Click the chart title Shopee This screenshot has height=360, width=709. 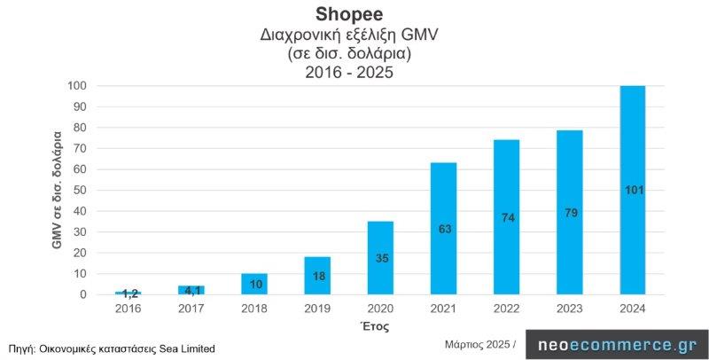pos(353,15)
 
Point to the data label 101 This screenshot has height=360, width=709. pos(632,190)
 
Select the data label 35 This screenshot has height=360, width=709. pos(380,258)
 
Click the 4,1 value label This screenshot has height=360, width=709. pos(191,290)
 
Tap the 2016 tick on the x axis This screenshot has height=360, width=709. pos(129,308)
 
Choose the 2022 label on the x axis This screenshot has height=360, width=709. pos(506,308)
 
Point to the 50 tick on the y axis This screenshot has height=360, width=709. pos(81,191)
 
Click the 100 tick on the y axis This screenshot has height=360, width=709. pos(78,86)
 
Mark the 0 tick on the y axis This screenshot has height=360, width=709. pos(84,294)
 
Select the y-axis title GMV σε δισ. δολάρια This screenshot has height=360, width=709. pos(58,189)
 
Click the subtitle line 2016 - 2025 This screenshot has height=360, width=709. pos(353,74)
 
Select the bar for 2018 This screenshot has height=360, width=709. pos(254,284)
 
